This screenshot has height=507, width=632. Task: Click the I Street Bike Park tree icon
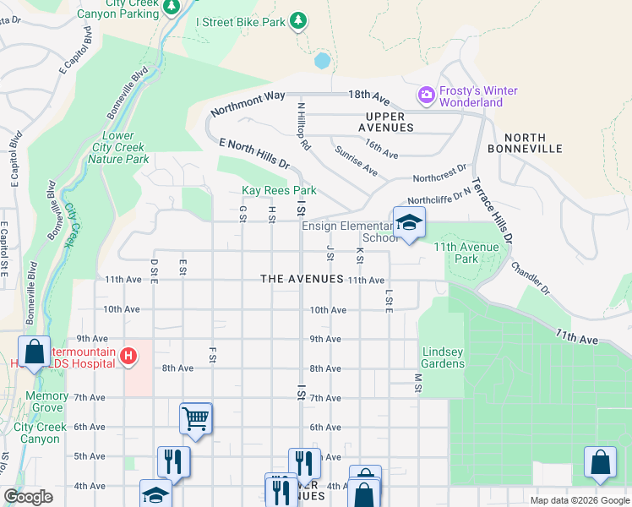click(298, 21)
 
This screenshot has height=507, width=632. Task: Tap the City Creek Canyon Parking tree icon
click(172, 7)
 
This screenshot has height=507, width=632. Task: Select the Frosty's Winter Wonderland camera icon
click(426, 96)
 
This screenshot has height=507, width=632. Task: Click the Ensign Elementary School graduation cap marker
click(409, 224)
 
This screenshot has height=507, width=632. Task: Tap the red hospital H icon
click(128, 357)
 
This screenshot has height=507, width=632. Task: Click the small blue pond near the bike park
click(322, 61)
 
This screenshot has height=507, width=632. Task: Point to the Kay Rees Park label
click(279, 191)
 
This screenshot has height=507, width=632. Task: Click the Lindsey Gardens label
click(444, 357)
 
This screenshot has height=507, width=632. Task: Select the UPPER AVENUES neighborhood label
click(390, 122)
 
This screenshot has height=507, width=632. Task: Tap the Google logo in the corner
click(28, 497)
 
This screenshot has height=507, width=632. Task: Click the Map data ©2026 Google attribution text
click(579, 500)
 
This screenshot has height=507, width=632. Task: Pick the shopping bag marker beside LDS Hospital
click(35, 353)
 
